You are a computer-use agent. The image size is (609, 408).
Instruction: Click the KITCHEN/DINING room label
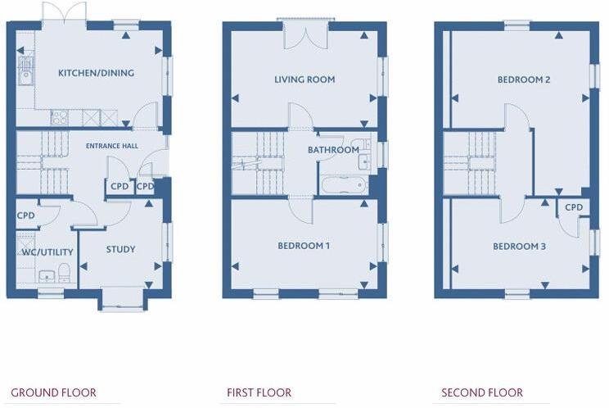coord(96,73)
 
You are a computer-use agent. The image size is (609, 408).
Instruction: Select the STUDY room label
coord(120,249)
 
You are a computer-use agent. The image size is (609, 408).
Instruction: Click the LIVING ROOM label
coord(304,79)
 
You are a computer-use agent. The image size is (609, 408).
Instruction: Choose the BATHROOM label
coord(333,150)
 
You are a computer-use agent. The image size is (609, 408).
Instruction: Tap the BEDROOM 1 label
coord(304,246)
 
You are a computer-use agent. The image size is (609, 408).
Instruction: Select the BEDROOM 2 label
coord(523,79)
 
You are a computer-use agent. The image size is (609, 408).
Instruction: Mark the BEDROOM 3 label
coord(519,246)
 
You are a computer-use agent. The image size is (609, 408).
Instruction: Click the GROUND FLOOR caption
coord(53,393)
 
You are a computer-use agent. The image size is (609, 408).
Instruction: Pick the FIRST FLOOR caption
coord(259,393)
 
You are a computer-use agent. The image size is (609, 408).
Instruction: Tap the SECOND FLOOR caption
coord(483,393)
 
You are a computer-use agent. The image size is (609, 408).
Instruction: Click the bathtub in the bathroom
coord(344,185)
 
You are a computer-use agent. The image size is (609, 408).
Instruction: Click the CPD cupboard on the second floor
coord(574,207)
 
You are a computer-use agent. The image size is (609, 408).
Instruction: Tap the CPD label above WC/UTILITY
coord(26,215)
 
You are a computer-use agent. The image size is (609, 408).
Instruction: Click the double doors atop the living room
coord(304,33)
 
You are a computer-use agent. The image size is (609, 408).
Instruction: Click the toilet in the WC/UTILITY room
coord(65,274)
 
